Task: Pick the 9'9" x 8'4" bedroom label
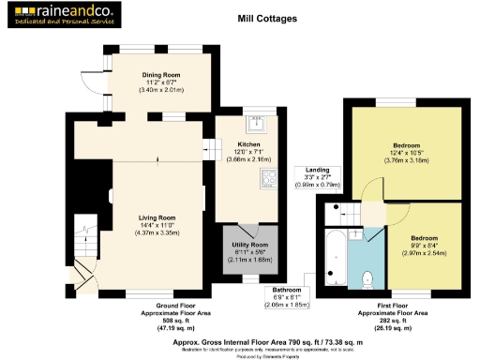pyautogui.click(x=424, y=246)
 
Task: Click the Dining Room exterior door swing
pyautogui.click(x=90, y=83)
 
